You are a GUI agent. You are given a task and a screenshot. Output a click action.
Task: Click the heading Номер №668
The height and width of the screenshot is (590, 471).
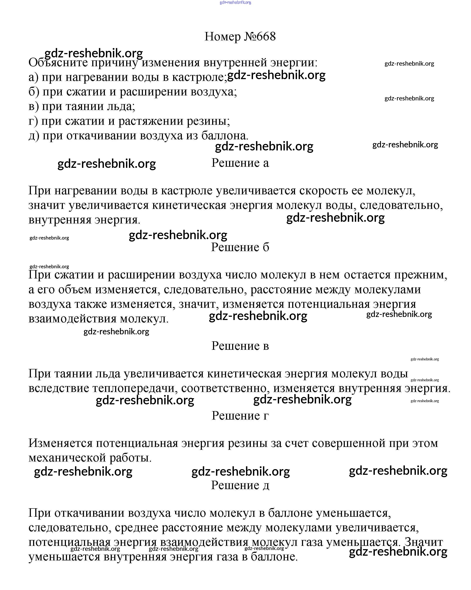(x=240, y=36)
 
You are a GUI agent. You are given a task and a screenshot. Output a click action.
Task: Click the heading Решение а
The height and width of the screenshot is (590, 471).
(x=240, y=163)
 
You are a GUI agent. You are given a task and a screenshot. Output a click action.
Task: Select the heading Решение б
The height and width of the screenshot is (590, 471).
(x=240, y=247)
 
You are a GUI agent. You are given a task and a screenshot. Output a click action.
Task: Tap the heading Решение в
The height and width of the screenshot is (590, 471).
(x=240, y=346)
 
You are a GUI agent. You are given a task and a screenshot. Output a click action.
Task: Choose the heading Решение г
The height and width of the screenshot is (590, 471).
(x=240, y=415)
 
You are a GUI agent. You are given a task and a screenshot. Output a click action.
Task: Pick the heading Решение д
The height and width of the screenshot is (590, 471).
(x=240, y=485)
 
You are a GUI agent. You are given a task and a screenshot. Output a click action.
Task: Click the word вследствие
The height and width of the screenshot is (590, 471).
(x=59, y=388)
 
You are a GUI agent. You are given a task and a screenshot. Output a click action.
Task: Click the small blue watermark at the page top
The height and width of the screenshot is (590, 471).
(x=235, y=2)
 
